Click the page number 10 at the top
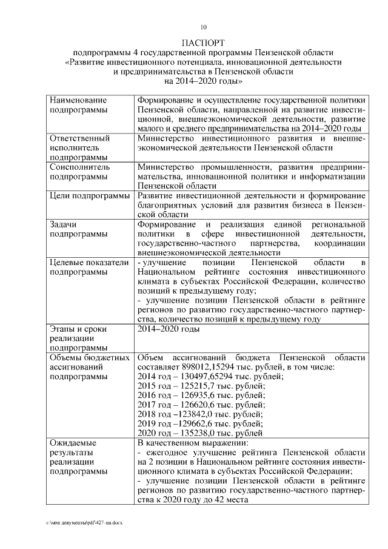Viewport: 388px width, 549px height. click(204, 27)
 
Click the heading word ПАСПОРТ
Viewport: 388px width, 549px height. click(204, 43)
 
